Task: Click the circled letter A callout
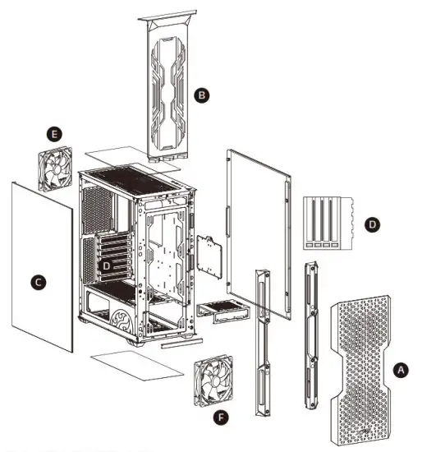pos(401,370)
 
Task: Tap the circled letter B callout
pos(202,95)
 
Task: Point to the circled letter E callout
pos(54,131)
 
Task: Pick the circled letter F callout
pos(220,417)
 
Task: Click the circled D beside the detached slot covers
pos(373,223)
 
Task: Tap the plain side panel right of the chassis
pos(259,230)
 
